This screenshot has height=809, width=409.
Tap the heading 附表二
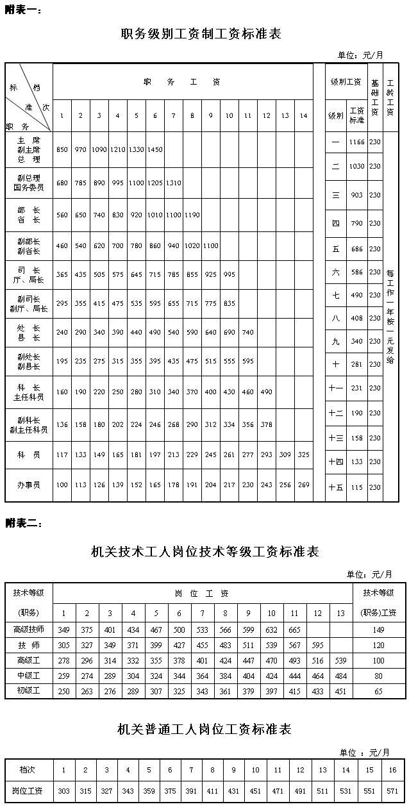(x=24, y=523)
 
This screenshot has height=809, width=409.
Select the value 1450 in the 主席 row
(x=155, y=149)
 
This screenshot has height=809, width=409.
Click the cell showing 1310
(x=174, y=183)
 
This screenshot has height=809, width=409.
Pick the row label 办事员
(x=29, y=485)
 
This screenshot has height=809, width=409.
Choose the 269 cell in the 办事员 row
(x=304, y=485)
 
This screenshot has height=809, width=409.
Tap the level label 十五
(x=336, y=487)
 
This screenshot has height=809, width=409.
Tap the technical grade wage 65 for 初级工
(x=379, y=691)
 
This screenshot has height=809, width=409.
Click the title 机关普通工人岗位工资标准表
(x=204, y=729)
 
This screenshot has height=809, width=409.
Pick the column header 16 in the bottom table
(x=392, y=770)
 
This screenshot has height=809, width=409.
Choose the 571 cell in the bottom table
(x=392, y=791)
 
